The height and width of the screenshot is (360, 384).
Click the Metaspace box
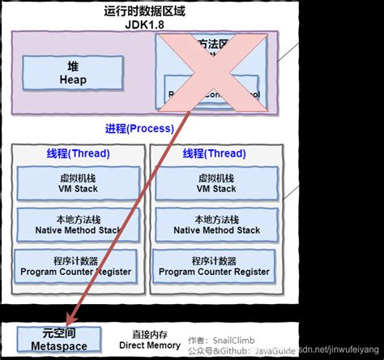59,340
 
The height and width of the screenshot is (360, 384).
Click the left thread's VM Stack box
78,182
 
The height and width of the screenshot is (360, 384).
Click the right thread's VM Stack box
216,182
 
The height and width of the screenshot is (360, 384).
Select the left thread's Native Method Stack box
78,225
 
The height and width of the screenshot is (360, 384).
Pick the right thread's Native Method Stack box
216,225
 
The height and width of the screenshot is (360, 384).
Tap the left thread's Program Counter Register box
78,267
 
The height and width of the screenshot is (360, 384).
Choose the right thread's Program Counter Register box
216,267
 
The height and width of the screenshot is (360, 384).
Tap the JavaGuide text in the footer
275,352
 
